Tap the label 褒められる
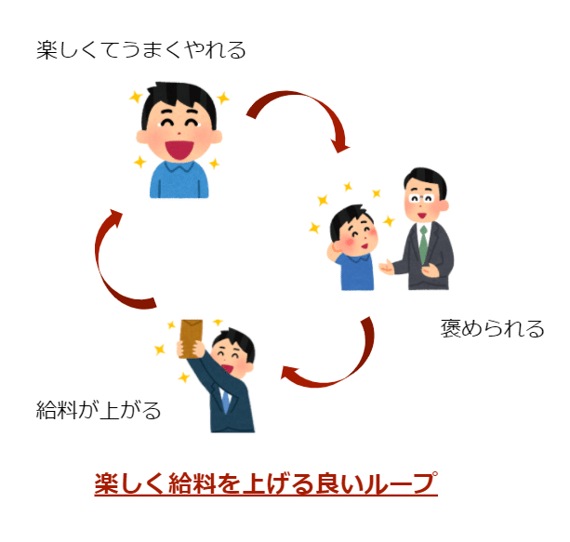492,328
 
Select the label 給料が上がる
99,409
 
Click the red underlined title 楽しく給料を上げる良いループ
266,484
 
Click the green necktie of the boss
424,245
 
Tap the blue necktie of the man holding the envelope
225,401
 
